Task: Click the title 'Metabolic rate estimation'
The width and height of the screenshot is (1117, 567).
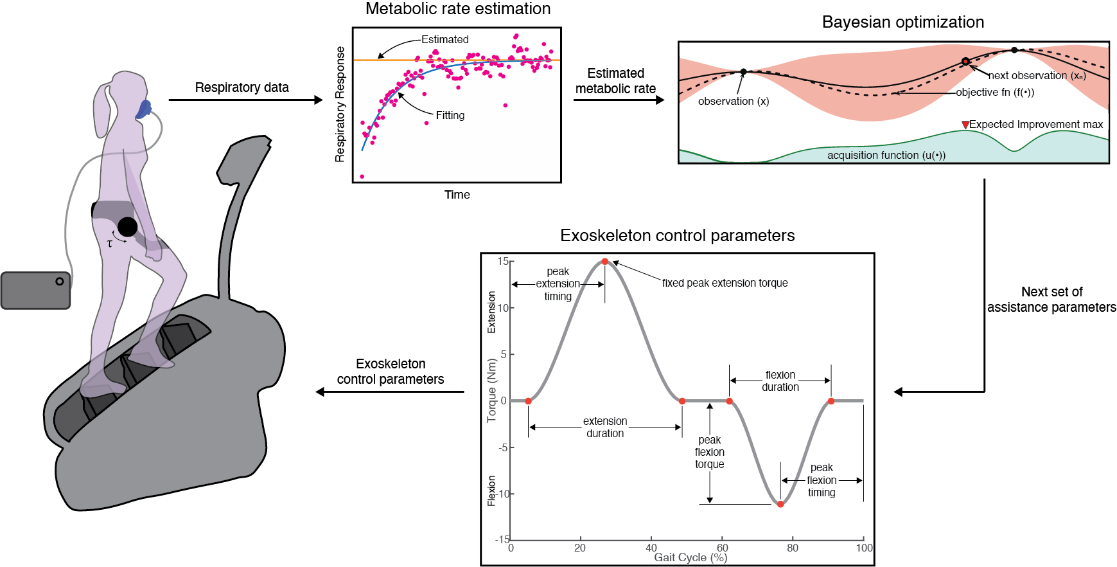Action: click(458, 9)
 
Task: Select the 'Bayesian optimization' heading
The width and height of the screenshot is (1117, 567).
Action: click(903, 22)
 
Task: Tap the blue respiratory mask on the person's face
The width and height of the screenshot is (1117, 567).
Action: click(143, 110)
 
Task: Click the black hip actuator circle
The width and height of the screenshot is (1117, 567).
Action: click(127, 227)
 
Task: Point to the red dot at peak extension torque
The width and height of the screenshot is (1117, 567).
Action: click(605, 262)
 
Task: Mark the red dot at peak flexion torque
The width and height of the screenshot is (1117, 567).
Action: click(780, 505)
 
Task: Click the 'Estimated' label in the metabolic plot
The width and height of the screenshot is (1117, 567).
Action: click(445, 40)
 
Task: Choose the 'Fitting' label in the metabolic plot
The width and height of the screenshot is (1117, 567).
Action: click(450, 116)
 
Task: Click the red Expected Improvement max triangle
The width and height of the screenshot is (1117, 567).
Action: click(965, 125)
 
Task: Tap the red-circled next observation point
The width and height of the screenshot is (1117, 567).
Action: click(965, 62)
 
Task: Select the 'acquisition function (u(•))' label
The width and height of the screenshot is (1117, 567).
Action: click(886, 155)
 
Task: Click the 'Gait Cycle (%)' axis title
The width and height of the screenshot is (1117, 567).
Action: click(690, 557)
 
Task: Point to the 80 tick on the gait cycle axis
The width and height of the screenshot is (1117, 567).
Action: click(793, 548)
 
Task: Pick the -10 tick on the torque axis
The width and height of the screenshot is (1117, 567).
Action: click(504, 494)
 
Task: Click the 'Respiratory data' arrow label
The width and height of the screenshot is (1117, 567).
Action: click(242, 87)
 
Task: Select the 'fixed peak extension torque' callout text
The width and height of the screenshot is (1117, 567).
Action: click(725, 283)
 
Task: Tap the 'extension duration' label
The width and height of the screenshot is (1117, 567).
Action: click(605, 428)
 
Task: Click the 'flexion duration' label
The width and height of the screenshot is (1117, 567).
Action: click(780, 381)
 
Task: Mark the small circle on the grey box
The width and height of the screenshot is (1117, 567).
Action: click(60, 282)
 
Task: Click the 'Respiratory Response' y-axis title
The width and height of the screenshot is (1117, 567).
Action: click(340, 104)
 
